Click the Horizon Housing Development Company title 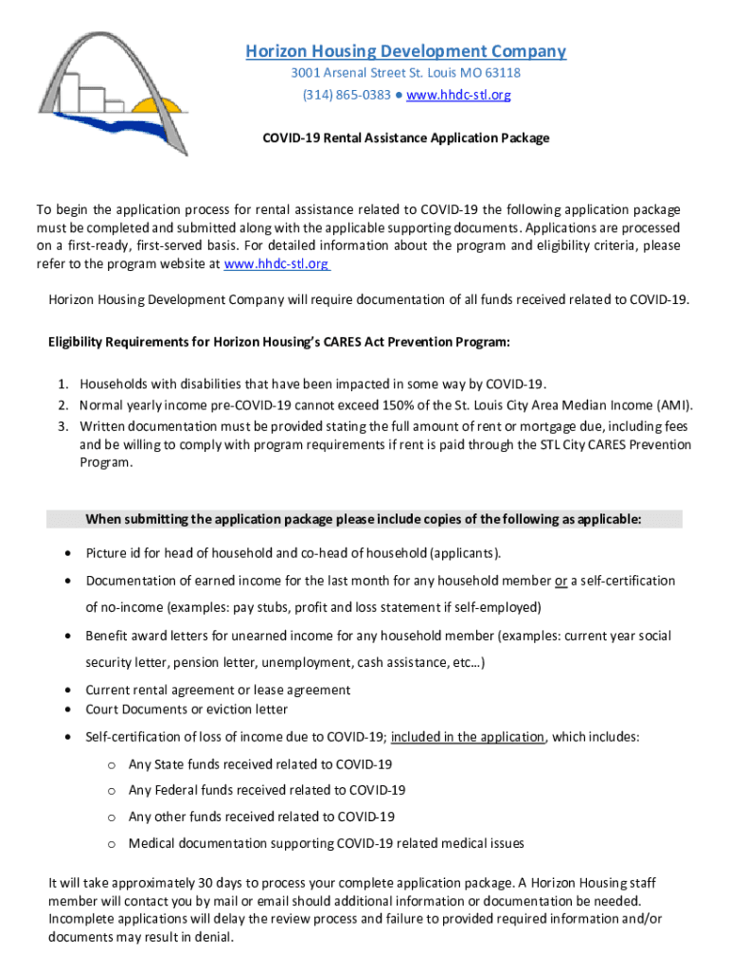(405, 51)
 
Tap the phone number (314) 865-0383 (347, 95)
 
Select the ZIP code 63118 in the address (501, 73)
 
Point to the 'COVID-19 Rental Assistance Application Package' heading (405, 138)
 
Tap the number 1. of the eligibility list (62, 384)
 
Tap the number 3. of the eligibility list (62, 426)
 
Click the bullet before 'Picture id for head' (69, 553)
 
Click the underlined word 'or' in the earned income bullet (561, 581)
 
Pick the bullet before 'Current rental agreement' (69, 691)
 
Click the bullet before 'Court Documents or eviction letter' (69, 710)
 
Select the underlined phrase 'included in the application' (468, 737)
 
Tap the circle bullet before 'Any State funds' (111, 764)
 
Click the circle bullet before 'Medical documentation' (111, 844)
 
